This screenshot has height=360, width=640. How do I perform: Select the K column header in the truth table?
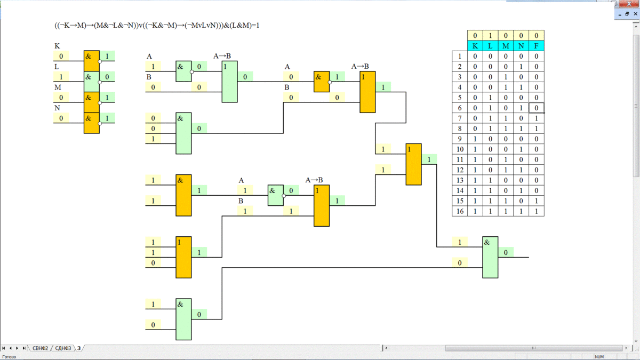tap(475, 46)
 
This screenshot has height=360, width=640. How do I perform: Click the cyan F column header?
tap(537, 46)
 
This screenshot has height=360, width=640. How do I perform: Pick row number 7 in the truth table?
tap(460, 118)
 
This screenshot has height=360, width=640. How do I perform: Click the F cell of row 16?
tap(537, 211)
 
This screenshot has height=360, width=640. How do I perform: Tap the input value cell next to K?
tap(61, 56)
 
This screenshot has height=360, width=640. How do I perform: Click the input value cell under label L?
tap(61, 77)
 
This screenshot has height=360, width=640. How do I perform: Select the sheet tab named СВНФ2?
tap(41, 348)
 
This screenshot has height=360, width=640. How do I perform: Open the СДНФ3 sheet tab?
tap(63, 348)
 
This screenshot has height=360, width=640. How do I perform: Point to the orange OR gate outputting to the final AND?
tap(413, 164)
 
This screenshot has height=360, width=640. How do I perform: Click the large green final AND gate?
tap(490, 257)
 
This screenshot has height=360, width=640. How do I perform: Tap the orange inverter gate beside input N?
tap(92, 122)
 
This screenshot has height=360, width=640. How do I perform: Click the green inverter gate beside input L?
tap(92, 81)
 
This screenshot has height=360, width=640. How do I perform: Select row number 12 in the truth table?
tap(460, 170)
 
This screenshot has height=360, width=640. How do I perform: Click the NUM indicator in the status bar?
tap(599, 357)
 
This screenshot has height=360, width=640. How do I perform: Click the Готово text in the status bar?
tap(10, 357)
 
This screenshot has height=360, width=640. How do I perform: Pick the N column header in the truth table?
tap(521, 46)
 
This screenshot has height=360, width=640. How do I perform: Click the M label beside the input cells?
tap(58, 87)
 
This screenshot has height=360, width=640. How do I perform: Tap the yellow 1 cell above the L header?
tap(491, 36)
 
